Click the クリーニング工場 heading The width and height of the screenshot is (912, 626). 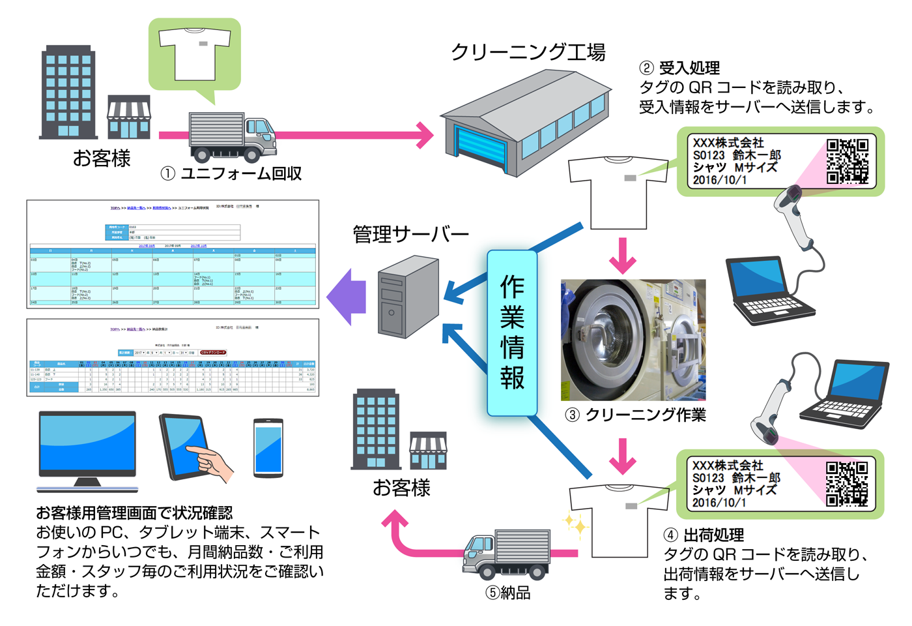tap(528, 52)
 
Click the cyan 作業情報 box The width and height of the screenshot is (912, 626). tap(512, 333)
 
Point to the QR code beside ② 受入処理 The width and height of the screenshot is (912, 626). tap(847, 161)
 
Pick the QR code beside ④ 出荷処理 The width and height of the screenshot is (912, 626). tap(847, 483)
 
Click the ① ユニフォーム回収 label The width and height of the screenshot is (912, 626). tap(231, 173)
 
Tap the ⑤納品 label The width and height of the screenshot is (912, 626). tap(508, 593)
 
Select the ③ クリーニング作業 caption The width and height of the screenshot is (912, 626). tap(636, 415)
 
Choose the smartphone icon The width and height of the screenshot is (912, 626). tap(268, 449)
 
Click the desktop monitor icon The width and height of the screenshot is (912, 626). tap(87, 450)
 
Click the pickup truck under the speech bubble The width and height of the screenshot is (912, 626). tap(232, 137)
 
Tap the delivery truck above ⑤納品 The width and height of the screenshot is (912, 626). tap(507, 554)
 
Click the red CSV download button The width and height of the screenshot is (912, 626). tap(213, 352)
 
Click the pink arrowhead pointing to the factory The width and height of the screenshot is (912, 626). tap(425, 136)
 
